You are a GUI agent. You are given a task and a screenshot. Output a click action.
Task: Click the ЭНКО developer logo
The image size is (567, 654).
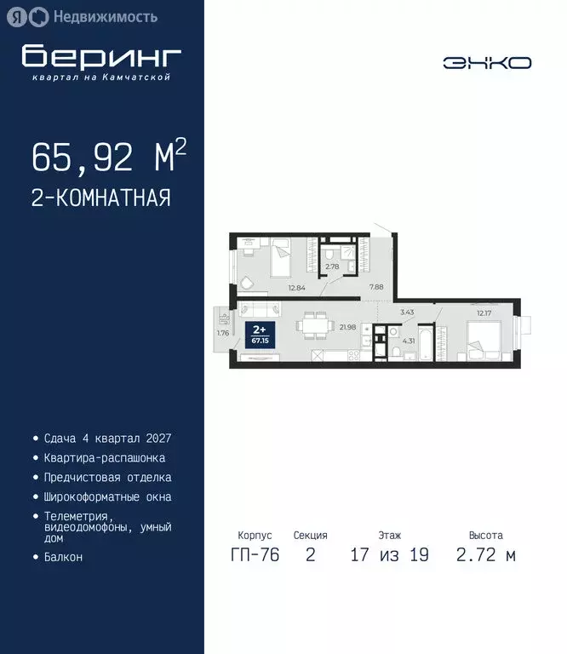(x=486, y=62)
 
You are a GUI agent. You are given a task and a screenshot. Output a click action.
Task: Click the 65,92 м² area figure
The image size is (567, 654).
(x=108, y=157)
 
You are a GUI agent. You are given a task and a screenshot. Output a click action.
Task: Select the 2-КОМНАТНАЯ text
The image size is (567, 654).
(x=101, y=198)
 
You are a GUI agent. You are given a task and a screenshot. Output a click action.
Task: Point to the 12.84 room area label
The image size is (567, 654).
(x=296, y=288)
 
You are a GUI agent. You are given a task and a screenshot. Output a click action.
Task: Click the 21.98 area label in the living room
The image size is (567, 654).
(x=346, y=326)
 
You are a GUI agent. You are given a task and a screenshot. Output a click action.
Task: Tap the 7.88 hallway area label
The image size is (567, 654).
(x=375, y=288)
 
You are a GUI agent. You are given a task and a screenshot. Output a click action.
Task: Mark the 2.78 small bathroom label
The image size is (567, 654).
(x=333, y=267)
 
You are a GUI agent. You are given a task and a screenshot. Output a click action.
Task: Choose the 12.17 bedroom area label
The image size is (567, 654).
(x=484, y=313)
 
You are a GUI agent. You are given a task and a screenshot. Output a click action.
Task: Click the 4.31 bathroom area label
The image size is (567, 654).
(x=408, y=341)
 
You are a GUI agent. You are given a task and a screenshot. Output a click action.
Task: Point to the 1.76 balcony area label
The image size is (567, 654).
(x=223, y=332)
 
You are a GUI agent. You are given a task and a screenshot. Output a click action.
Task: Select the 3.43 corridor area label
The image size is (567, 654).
(x=407, y=313)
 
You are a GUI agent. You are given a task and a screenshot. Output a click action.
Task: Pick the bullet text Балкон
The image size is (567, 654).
(x=63, y=557)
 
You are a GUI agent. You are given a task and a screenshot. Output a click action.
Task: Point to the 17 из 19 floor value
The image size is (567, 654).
(x=389, y=556)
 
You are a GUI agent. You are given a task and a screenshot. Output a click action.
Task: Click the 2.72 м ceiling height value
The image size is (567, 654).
(x=485, y=556)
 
